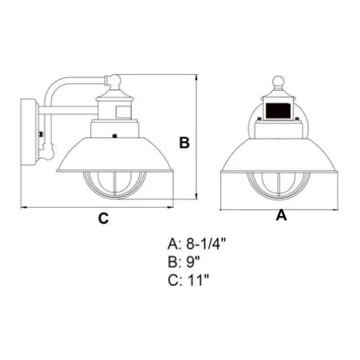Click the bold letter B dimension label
coord(184,143)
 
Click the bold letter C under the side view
coord(103,218)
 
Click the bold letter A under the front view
coord(281,215)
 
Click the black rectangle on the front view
coord(278,110)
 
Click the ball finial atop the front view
coord(278,82)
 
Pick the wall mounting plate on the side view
coord(28,132)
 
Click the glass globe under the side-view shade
coord(115,185)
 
